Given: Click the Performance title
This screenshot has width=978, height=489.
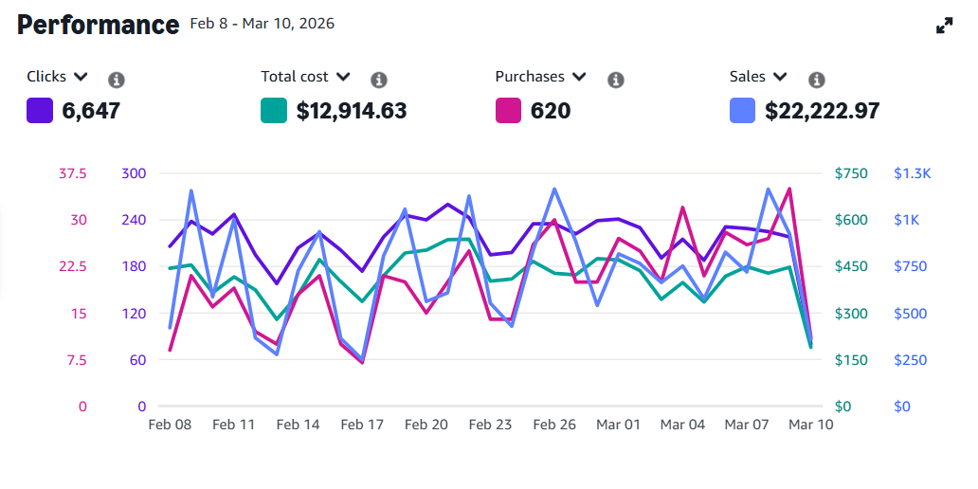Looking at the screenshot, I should [x=98, y=25].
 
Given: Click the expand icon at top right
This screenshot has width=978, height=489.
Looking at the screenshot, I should [x=944, y=27].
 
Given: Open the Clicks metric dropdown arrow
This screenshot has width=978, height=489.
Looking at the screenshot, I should [x=81, y=77].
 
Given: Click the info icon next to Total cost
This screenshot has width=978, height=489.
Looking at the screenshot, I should [x=379, y=80].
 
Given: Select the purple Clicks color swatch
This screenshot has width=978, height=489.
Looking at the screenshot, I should [x=40, y=111].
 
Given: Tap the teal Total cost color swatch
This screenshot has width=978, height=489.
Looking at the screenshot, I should [x=274, y=111].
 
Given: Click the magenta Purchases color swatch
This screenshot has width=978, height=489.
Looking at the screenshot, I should [x=509, y=111].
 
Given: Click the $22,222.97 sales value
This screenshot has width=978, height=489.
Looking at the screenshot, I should [x=823, y=111].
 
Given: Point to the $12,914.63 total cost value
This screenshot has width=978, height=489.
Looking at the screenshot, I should [x=352, y=111].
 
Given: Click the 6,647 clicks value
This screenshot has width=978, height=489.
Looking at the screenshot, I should [x=91, y=111].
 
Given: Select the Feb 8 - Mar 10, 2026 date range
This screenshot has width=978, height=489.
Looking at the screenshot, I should [x=263, y=24].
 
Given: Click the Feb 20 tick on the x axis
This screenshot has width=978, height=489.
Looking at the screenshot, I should [x=426, y=425].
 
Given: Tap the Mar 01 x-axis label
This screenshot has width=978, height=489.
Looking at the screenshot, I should [x=618, y=425].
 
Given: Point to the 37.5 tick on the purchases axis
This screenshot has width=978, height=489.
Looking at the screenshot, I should [x=73, y=173].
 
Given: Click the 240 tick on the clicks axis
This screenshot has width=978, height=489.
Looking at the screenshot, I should [x=134, y=220].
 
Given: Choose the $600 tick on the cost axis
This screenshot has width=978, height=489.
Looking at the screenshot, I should [x=851, y=220].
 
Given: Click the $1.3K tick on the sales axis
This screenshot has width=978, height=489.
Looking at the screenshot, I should [x=913, y=173].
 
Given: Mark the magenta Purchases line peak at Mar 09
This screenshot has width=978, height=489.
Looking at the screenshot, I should [x=789, y=189].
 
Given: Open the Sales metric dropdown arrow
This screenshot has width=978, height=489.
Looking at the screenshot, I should [x=780, y=77].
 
